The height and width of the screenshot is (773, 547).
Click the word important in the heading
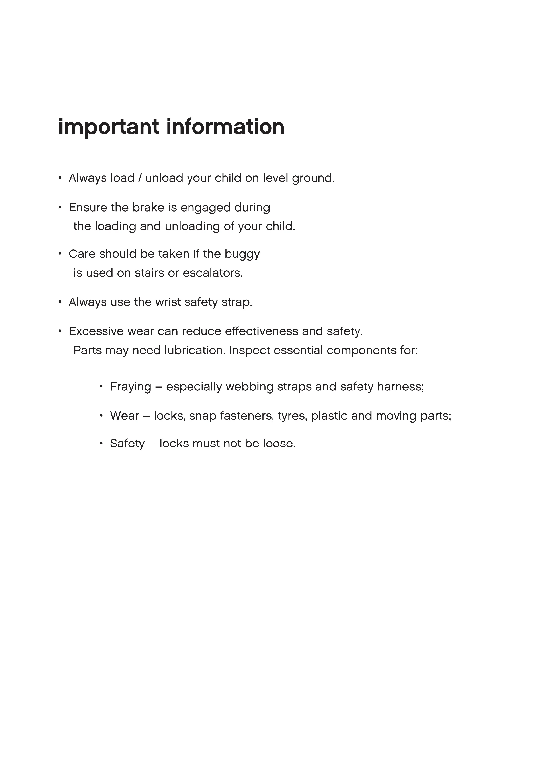[108, 127]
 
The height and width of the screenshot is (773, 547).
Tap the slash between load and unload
[140, 178]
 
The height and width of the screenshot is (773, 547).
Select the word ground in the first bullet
[313, 179]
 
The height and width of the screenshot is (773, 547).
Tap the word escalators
[213, 273]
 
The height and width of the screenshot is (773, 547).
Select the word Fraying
[131, 387]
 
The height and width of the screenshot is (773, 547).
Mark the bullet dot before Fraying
[101, 387]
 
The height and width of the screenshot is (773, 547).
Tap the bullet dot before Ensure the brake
[60, 207]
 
